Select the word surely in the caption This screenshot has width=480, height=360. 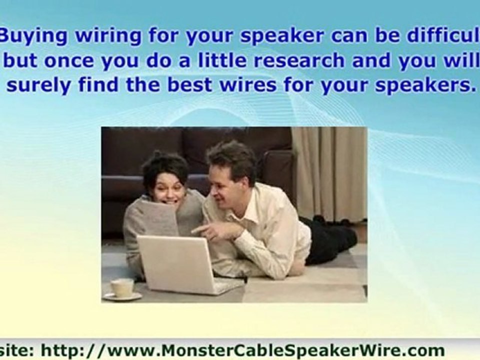tap(38, 85)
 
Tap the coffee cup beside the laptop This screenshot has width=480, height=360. tap(122, 288)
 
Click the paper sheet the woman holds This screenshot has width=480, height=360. tap(158, 220)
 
